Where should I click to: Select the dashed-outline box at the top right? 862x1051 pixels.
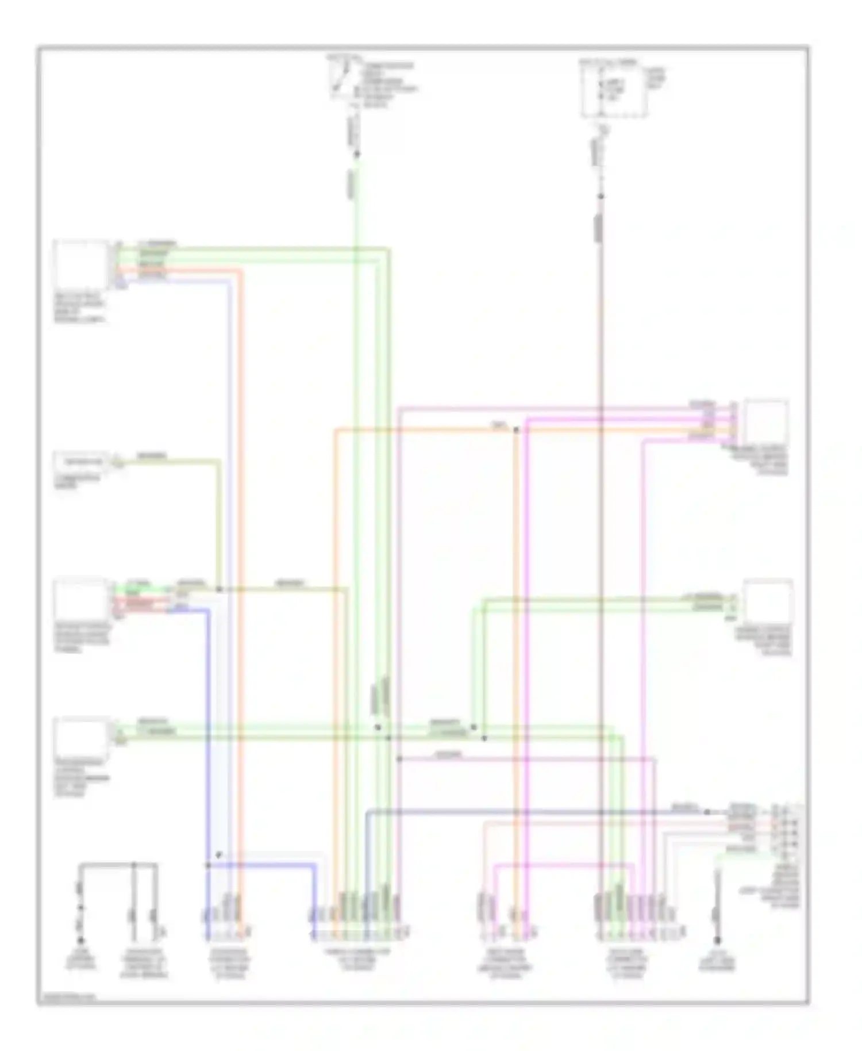613,91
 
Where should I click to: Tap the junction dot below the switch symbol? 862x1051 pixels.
356,154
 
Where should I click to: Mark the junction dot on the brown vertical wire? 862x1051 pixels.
601,197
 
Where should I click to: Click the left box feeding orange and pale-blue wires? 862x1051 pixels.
80,264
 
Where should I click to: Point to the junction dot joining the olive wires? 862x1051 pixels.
219,589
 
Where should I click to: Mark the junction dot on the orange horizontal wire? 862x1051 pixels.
515,429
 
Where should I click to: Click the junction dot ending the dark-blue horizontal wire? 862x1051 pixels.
707,812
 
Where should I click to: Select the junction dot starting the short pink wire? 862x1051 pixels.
399,759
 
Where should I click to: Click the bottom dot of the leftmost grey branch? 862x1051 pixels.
81,941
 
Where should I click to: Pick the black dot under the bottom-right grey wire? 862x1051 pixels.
717,941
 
